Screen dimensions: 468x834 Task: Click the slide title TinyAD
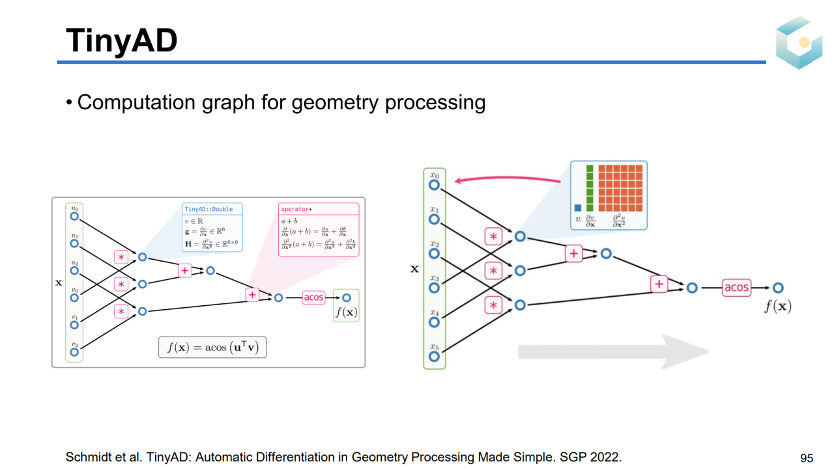tap(122, 40)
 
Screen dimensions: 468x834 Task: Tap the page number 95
tap(807, 458)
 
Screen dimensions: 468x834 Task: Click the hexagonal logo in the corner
tap(799, 43)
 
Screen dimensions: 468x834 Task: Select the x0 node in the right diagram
tap(434, 185)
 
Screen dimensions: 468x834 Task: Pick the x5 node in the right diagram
tap(434, 356)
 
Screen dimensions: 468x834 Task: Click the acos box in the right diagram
tap(736, 288)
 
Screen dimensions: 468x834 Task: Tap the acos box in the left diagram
tap(313, 297)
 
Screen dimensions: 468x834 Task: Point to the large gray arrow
tap(612, 352)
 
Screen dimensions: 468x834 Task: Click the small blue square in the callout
tap(578, 208)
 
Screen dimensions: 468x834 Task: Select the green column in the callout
tap(590, 188)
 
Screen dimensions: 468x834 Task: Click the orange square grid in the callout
tap(620, 188)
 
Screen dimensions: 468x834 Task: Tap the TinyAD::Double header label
tap(208, 210)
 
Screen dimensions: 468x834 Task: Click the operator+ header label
tap(296, 210)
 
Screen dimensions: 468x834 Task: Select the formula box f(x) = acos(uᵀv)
tap(212, 347)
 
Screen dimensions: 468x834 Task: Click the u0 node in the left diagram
tap(74, 216)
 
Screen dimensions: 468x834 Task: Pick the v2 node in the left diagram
tap(74, 352)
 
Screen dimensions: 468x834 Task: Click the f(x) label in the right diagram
tap(777, 305)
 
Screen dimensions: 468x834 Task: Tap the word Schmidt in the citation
tap(87, 457)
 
